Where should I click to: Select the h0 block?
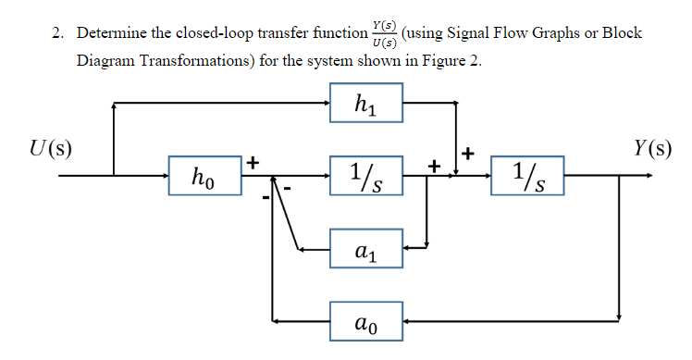[203, 174]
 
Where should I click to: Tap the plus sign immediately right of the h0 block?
[251, 163]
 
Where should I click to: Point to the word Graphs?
[558, 34]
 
